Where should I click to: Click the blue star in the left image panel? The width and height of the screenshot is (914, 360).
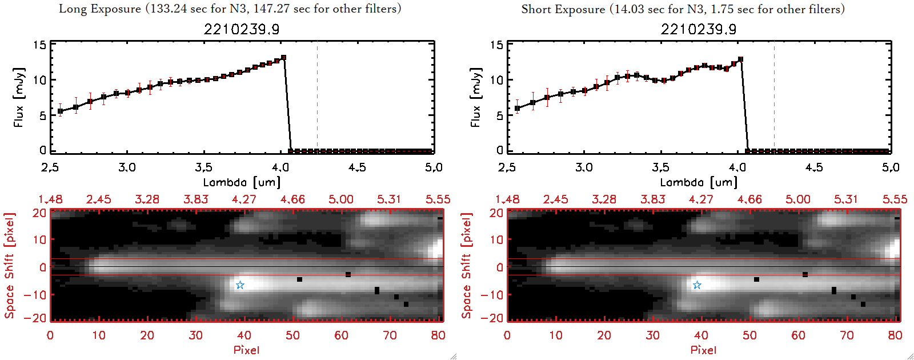240,285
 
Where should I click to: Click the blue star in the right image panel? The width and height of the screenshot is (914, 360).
697,285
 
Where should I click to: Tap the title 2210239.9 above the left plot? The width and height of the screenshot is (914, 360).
242,29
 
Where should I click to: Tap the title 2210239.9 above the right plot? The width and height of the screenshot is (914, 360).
699,29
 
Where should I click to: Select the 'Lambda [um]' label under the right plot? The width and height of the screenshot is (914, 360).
699,182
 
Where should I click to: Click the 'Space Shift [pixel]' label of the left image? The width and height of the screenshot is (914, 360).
10,266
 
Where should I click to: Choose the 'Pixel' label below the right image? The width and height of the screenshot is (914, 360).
703,350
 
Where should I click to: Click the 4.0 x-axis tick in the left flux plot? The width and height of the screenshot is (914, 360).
280,167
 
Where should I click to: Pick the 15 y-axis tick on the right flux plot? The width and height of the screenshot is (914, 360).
496,45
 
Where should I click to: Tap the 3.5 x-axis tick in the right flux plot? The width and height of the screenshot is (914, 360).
660,167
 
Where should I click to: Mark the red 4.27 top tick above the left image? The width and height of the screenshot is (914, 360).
244,199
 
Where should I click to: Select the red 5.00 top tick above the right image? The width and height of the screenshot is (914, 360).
798,199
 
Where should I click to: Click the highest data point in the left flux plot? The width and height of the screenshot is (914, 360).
283,58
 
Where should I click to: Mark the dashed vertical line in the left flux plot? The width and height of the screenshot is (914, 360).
317,97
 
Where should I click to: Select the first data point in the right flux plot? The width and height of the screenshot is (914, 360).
518,108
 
